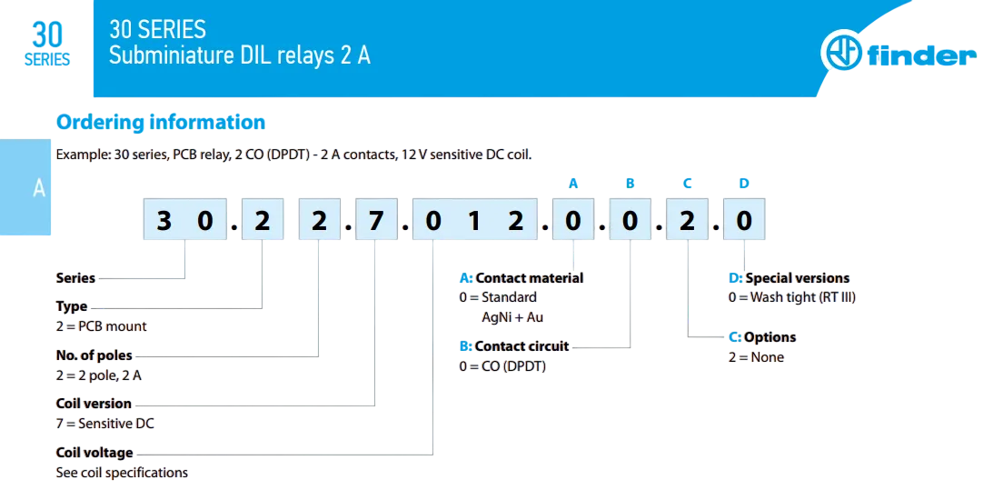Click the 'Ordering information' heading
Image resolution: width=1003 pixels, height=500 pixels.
pyautogui.click(x=161, y=123)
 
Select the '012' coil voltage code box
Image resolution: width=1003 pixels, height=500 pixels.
pyautogui.click(x=473, y=221)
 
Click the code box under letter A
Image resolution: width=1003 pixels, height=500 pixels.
pyautogui.click(x=573, y=221)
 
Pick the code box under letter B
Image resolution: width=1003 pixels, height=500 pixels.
pyautogui.click(x=631, y=221)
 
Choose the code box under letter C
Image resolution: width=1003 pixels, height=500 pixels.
pyautogui.click(x=688, y=221)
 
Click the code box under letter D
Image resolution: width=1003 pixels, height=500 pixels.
pyautogui.click(x=744, y=221)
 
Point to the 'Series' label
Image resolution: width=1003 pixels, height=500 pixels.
pyautogui.click(x=75, y=278)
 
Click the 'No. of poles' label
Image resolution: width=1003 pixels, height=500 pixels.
pyautogui.click(x=94, y=355)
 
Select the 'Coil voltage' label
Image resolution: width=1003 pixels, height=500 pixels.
pyautogui.click(x=94, y=453)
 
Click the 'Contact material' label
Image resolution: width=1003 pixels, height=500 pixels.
pyautogui.click(x=529, y=278)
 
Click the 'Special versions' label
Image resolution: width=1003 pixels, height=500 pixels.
pyautogui.click(x=797, y=278)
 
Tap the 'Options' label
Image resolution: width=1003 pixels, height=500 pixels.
pyautogui.click(x=770, y=337)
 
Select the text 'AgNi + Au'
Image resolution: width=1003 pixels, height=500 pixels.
pyautogui.click(x=512, y=317)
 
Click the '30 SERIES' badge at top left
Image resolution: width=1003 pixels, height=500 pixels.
pyautogui.click(x=47, y=45)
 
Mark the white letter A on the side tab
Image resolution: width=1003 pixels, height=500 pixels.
pyautogui.click(x=39, y=189)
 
